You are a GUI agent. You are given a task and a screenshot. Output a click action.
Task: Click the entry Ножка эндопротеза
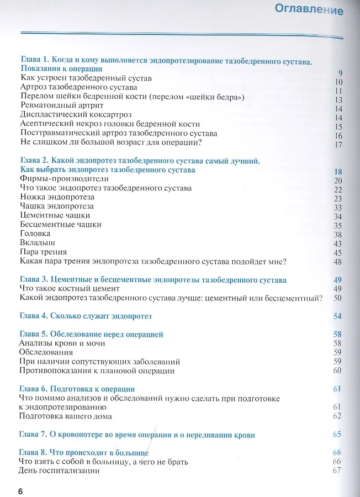click(x=56, y=197)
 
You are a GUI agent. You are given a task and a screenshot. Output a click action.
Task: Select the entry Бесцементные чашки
click(x=60, y=224)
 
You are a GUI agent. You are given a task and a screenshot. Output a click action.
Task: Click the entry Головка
click(x=34, y=234)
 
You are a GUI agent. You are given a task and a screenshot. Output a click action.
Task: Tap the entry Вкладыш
click(x=37, y=242)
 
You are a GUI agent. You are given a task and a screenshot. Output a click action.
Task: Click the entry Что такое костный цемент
click(x=69, y=289)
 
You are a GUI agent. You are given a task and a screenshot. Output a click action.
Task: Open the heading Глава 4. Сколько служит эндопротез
click(x=85, y=316)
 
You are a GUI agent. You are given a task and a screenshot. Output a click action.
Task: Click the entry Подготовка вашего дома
click(x=65, y=416)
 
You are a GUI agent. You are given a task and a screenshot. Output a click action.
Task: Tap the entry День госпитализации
click(x=59, y=470)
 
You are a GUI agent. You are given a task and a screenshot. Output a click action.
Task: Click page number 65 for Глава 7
click(x=338, y=435)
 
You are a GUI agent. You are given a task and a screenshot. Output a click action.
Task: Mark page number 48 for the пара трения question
click(x=338, y=261)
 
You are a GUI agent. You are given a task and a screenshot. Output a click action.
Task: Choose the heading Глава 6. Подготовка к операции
click(x=77, y=389)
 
